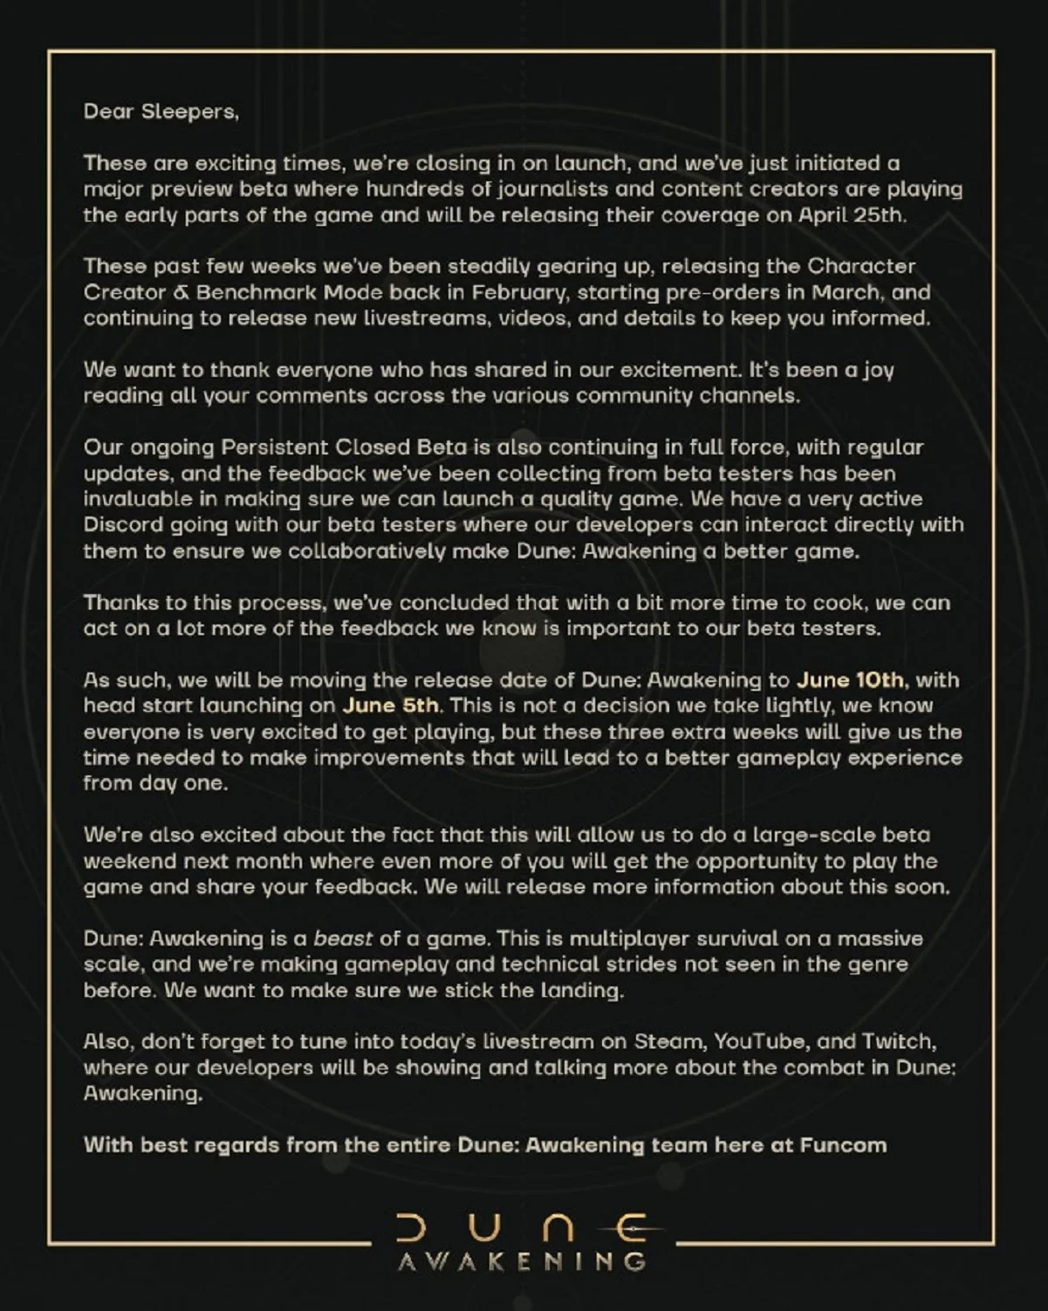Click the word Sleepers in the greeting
tap(191, 112)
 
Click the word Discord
tap(120, 525)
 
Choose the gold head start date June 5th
tap(391, 706)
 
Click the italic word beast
tap(343, 939)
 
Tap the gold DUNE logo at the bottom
tap(523, 1228)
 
